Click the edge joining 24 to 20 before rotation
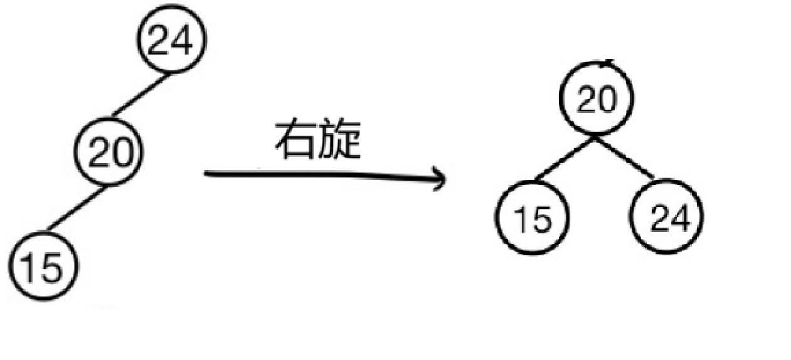140,95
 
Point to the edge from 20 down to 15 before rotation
76,208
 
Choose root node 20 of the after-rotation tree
596,99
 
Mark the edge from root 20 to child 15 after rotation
563,159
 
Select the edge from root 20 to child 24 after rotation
625,157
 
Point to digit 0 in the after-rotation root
606,100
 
